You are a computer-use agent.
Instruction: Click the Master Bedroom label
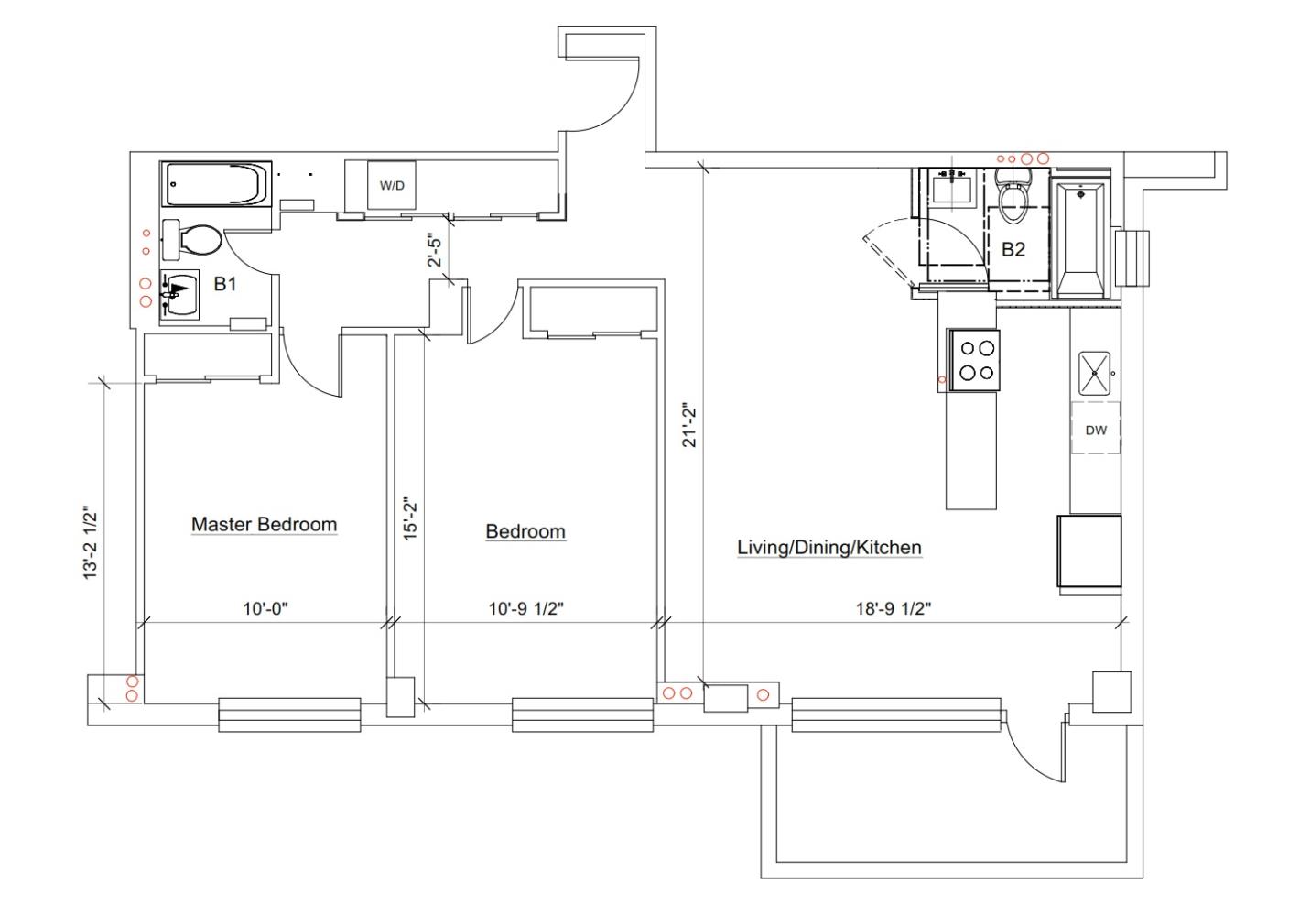(x=265, y=525)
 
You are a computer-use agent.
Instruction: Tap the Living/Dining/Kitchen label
(x=829, y=547)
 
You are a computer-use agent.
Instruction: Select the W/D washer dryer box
(x=392, y=185)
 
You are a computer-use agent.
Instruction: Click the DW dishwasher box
(x=1096, y=430)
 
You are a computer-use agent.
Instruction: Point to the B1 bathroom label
(x=225, y=284)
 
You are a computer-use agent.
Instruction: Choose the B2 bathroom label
(x=1013, y=249)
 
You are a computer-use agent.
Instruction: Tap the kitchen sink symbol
(x=1094, y=373)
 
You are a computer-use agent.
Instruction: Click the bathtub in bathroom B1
(x=216, y=184)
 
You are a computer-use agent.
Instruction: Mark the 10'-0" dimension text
(x=265, y=608)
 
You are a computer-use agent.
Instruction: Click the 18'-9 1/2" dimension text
(x=894, y=608)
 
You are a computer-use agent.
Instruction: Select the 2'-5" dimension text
(x=436, y=250)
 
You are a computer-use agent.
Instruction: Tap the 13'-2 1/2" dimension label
(x=91, y=542)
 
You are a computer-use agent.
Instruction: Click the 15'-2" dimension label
(x=410, y=518)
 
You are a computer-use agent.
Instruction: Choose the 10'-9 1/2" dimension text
(x=526, y=608)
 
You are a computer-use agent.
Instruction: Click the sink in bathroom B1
(x=179, y=294)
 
